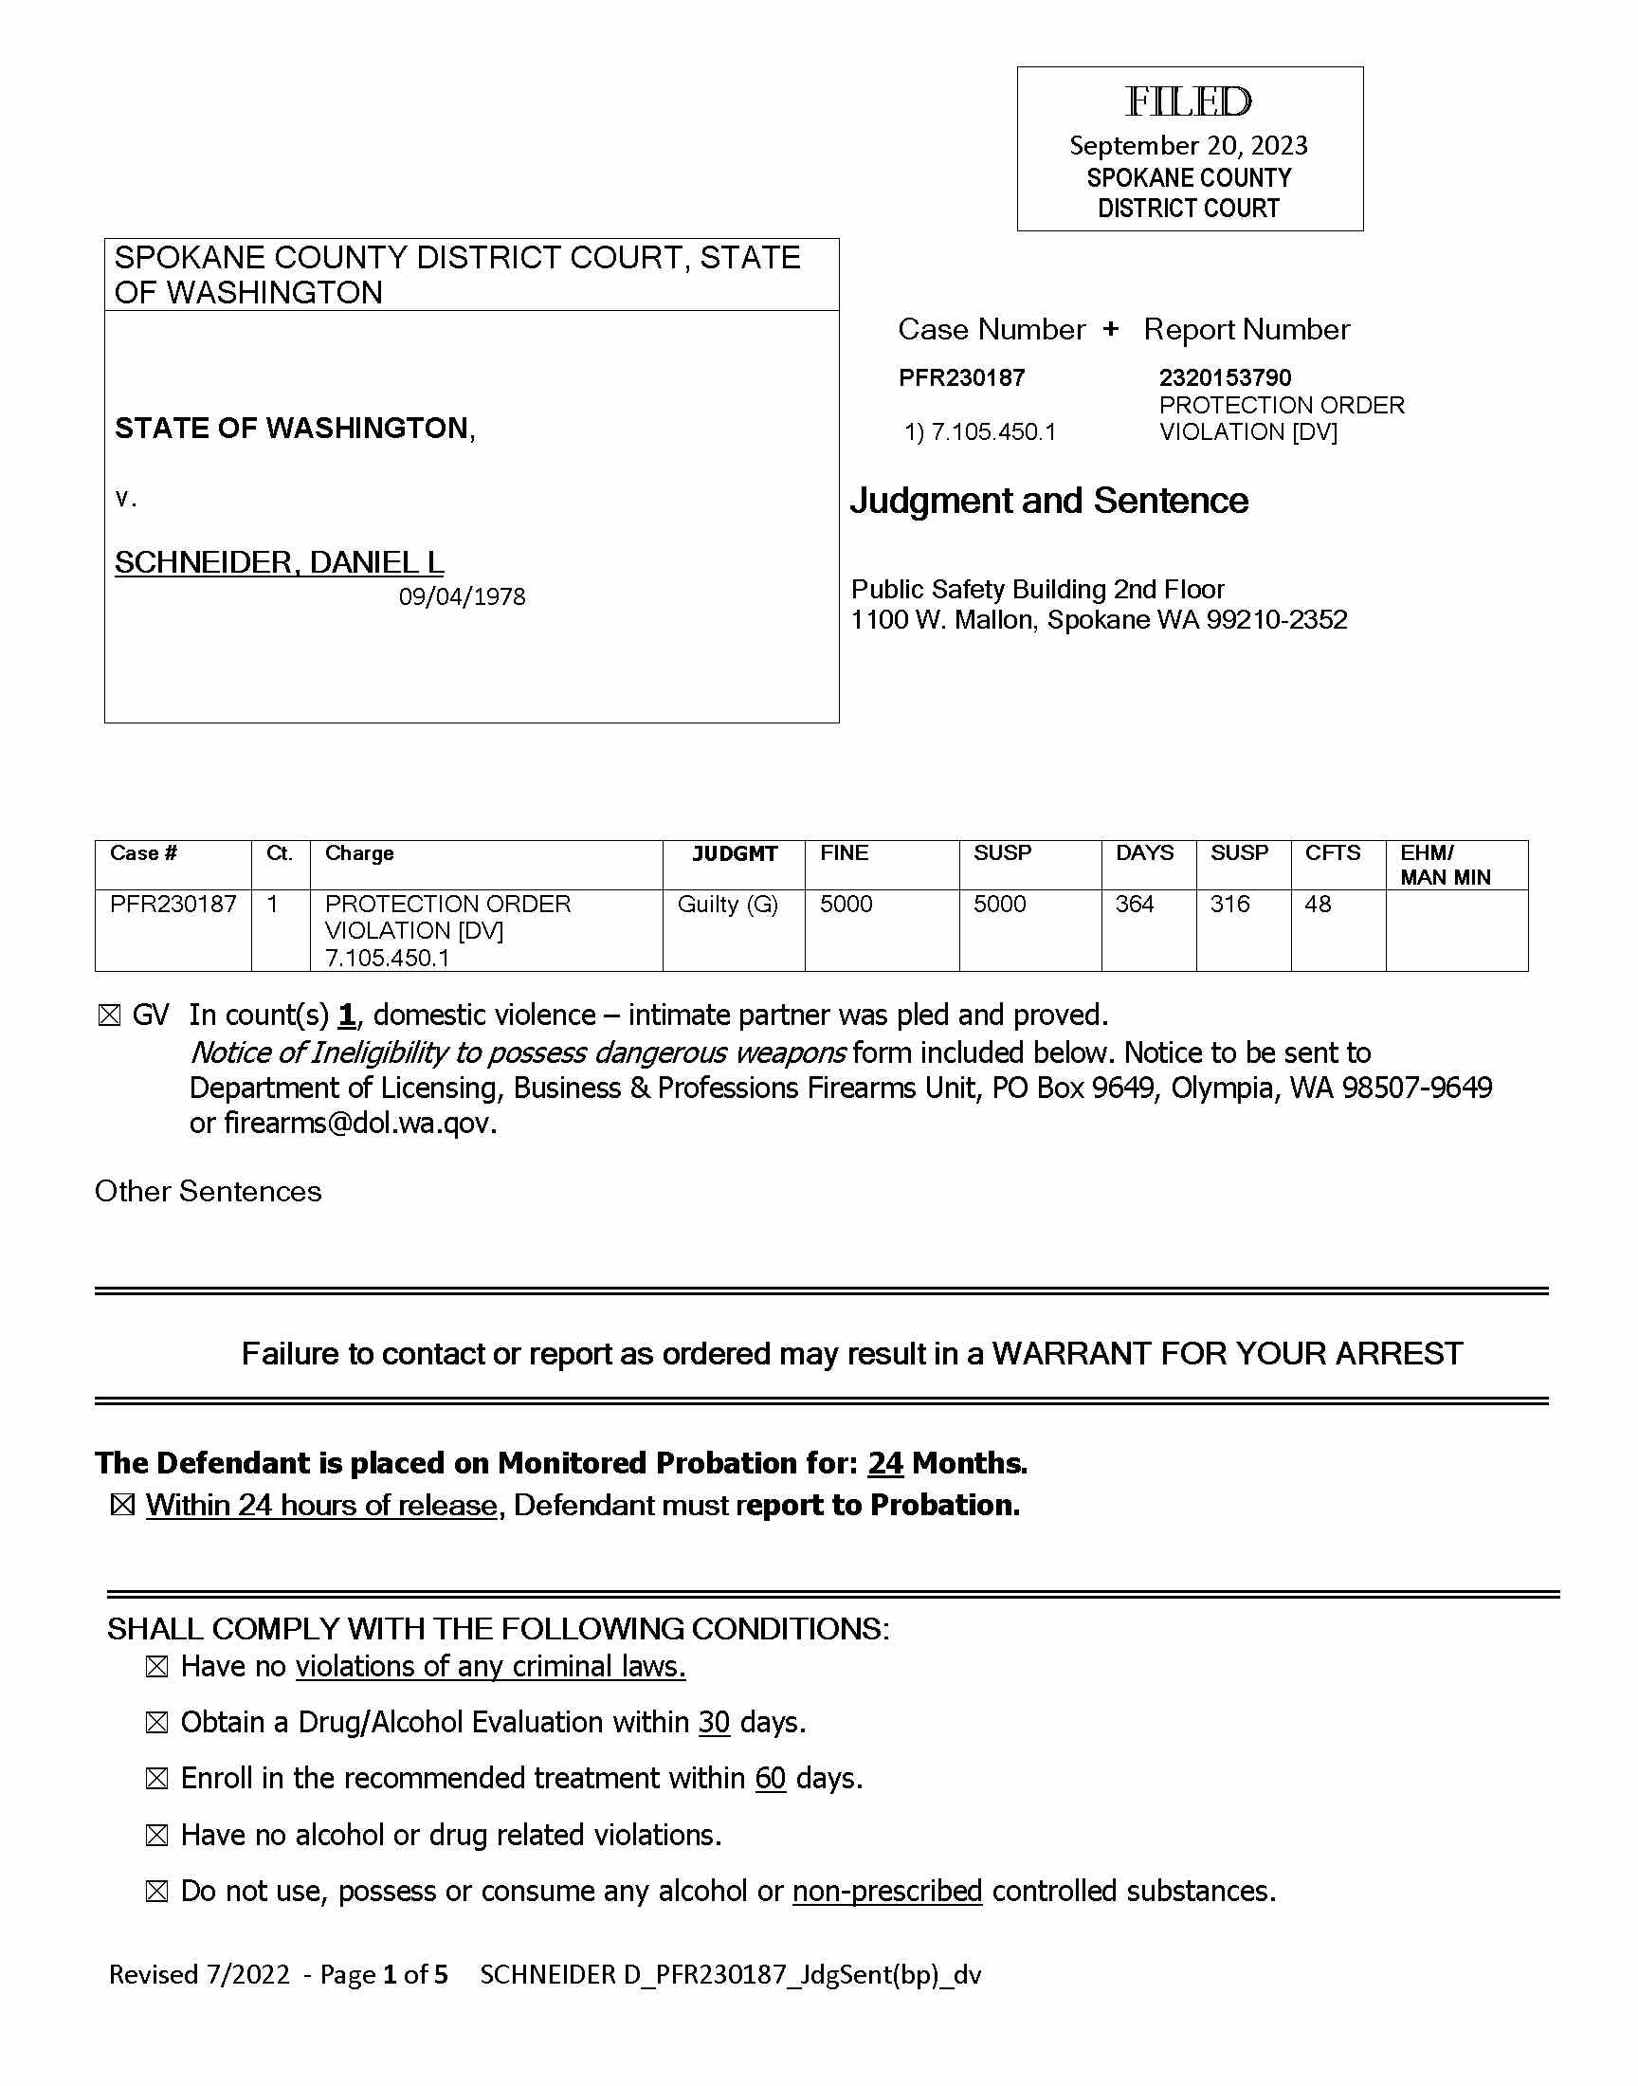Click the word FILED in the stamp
(x=1189, y=101)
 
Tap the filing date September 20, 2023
(x=1189, y=146)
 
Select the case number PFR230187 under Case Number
(x=961, y=378)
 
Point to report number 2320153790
(x=1225, y=378)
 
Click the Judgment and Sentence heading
(x=1048, y=501)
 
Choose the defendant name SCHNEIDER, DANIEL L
(x=279, y=562)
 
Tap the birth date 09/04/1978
(x=463, y=597)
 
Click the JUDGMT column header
(x=735, y=853)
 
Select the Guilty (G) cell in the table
(x=727, y=905)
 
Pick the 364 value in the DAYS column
(x=1134, y=905)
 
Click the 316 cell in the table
(x=1229, y=905)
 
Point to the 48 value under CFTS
(x=1318, y=905)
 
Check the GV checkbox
(x=109, y=1016)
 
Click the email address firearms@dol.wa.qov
(x=359, y=1123)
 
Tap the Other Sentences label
(x=209, y=1191)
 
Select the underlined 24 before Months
(x=885, y=1463)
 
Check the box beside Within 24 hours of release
(x=122, y=1506)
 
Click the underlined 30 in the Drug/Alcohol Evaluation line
(x=714, y=1723)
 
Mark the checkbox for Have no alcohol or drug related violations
(x=156, y=1836)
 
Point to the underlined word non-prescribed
(x=887, y=1892)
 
